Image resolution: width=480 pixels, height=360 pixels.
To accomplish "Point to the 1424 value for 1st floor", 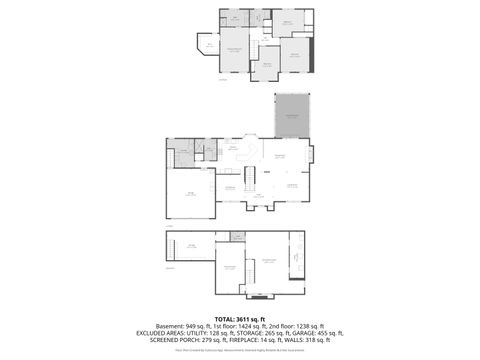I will [239, 325].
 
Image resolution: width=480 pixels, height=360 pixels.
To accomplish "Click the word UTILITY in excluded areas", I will [194, 332].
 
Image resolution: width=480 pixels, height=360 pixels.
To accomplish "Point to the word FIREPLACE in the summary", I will [242, 339].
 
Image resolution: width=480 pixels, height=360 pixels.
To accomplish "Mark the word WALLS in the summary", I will [291, 339].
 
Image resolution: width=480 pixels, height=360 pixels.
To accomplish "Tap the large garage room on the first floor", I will [189, 194].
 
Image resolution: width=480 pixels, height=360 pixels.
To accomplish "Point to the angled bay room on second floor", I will [208, 45].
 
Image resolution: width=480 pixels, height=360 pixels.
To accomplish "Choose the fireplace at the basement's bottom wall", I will [259, 297].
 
